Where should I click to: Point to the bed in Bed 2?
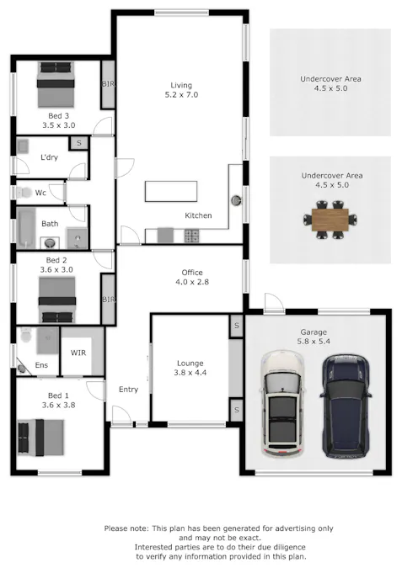[x=57, y=295]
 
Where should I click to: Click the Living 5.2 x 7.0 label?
[x=181, y=90]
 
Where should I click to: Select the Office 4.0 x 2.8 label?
[x=192, y=277]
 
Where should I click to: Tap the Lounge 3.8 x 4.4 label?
[x=190, y=367]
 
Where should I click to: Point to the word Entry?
[x=128, y=389]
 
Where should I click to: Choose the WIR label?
[x=78, y=352]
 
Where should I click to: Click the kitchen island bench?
[x=172, y=191]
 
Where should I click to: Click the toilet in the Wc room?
[x=21, y=193]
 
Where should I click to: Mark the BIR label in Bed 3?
[x=108, y=84]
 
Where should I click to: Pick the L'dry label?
[x=48, y=157]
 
